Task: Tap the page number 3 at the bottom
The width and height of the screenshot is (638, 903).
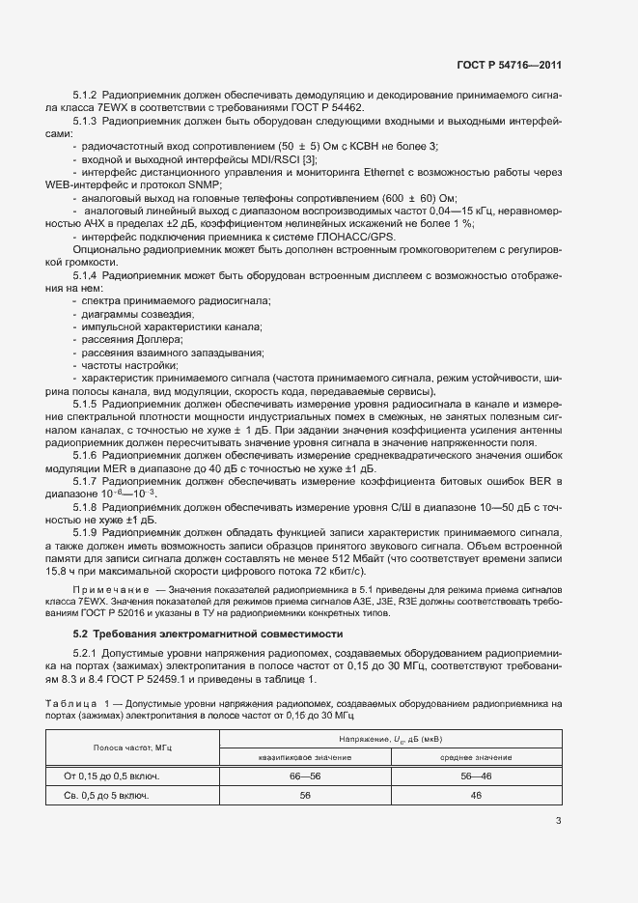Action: click(x=558, y=821)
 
